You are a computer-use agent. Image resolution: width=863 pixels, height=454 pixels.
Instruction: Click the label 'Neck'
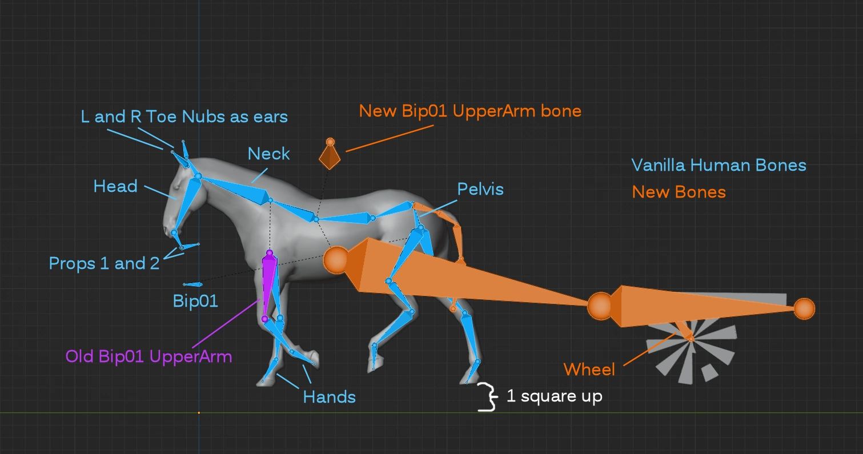tap(268, 154)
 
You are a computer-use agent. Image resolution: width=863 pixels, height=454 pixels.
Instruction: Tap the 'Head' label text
tap(115, 186)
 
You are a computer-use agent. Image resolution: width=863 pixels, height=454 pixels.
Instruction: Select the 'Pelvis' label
tap(480, 188)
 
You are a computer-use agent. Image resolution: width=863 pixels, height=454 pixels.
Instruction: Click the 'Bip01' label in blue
tap(195, 301)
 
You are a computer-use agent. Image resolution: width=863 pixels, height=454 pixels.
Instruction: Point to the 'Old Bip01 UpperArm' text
tap(148, 357)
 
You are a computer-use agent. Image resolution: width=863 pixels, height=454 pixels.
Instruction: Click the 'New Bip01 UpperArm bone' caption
tap(470, 110)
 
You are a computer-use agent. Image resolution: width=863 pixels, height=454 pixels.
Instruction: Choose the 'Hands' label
tap(330, 397)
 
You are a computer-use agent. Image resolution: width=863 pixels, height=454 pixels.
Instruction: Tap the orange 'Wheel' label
tap(589, 369)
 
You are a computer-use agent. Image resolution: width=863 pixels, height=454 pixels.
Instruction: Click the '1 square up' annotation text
tap(554, 396)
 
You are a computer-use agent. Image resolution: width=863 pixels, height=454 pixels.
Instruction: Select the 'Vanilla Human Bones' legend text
tap(719, 166)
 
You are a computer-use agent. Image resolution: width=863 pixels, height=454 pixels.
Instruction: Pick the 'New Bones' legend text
tap(679, 192)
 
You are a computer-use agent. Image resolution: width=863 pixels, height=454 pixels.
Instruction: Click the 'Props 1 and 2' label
tap(104, 263)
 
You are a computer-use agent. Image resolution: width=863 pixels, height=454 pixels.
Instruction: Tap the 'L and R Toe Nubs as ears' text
tap(184, 117)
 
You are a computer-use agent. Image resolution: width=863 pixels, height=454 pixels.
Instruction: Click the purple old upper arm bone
tap(268, 283)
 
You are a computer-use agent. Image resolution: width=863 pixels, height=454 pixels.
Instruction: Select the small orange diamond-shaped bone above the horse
tap(330, 155)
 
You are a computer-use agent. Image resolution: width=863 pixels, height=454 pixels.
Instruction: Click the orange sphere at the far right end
tap(804, 308)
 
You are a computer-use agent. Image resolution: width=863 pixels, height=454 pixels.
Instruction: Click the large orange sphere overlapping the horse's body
tap(336, 260)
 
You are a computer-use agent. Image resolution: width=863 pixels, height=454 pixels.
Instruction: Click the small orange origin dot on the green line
tap(199, 412)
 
